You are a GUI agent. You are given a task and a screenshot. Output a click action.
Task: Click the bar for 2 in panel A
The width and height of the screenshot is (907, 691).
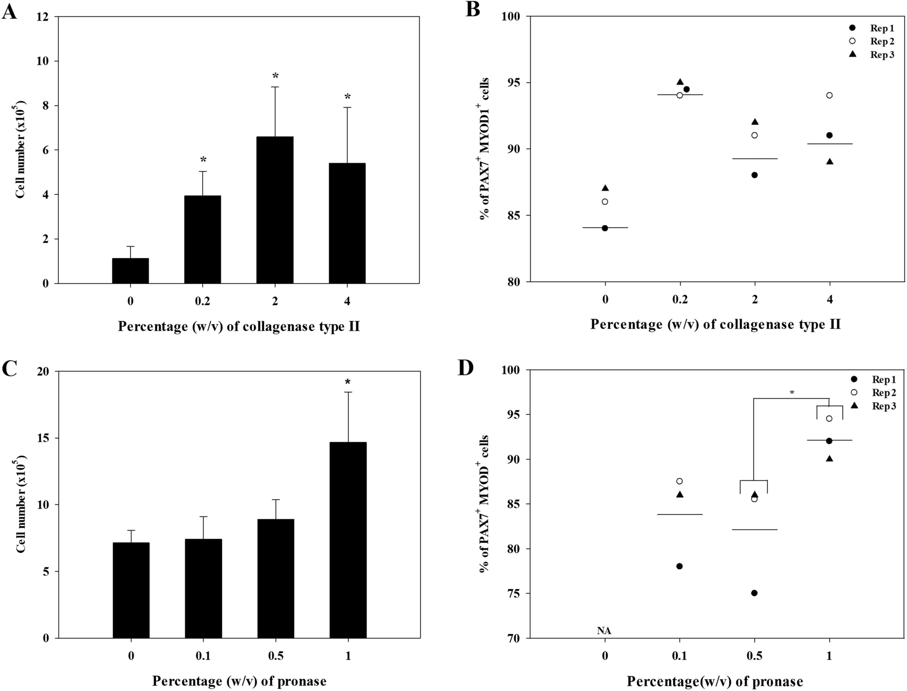coord(275,210)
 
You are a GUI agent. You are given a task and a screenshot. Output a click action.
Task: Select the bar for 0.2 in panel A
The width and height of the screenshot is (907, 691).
coord(202,239)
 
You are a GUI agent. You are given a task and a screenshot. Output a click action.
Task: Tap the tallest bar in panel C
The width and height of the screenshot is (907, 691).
coord(348,540)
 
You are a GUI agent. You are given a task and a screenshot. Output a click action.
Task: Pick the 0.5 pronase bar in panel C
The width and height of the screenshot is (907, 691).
coord(275,579)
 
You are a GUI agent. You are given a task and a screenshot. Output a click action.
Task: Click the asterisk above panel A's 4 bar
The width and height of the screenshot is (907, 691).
coord(347,97)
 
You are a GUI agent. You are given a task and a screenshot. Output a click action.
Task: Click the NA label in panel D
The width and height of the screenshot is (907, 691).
coord(604,631)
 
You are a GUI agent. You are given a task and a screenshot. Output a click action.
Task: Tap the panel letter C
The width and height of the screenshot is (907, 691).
coord(9,369)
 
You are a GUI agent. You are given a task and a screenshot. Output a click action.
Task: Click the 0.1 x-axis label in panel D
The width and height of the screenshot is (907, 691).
coord(679,656)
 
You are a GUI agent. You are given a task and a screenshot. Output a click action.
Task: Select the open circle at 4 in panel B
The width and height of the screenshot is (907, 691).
coord(829,95)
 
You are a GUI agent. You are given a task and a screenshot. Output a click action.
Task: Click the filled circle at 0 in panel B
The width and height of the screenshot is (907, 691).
coord(605,228)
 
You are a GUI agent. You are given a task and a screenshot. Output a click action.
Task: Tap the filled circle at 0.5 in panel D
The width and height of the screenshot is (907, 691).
coord(754,593)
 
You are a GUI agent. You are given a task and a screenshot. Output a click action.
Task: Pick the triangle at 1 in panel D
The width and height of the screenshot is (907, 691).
coord(829,458)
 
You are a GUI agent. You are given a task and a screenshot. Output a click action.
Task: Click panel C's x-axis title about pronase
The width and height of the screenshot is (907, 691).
coord(239,681)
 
